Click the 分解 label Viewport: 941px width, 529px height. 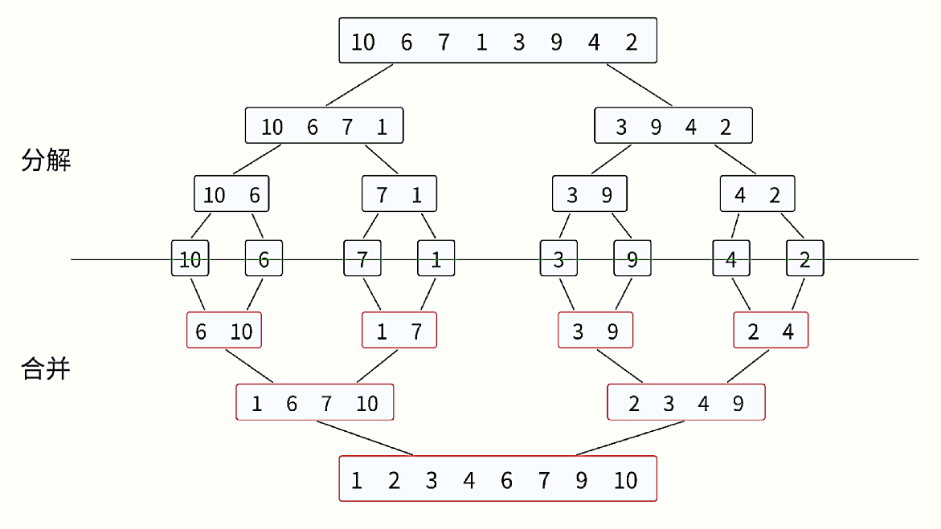[46, 161]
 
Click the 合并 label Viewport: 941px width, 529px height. [46, 369]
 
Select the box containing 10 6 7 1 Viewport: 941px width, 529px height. [324, 125]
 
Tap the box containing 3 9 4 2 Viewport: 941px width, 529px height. [673, 125]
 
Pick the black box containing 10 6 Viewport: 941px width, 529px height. [231, 194]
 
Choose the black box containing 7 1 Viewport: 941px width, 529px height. [399, 194]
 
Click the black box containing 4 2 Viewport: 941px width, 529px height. [757, 194]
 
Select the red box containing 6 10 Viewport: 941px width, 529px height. [224, 330]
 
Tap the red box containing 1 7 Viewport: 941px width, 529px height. [399, 330]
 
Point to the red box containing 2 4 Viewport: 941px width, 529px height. [771, 330]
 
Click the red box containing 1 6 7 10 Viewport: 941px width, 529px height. [315, 402]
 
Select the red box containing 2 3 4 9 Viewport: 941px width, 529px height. [686, 402]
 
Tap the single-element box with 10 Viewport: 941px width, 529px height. [190, 258]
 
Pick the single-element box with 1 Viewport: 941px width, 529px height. [436, 258]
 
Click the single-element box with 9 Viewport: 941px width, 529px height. [632, 258]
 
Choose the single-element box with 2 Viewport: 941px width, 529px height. [805, 258]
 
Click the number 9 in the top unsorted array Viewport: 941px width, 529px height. [556, 42]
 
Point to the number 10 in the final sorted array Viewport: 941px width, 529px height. [625, 480]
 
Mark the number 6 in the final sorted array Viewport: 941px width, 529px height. [506, 480]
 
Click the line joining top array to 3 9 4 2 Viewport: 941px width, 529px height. [639, 83]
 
